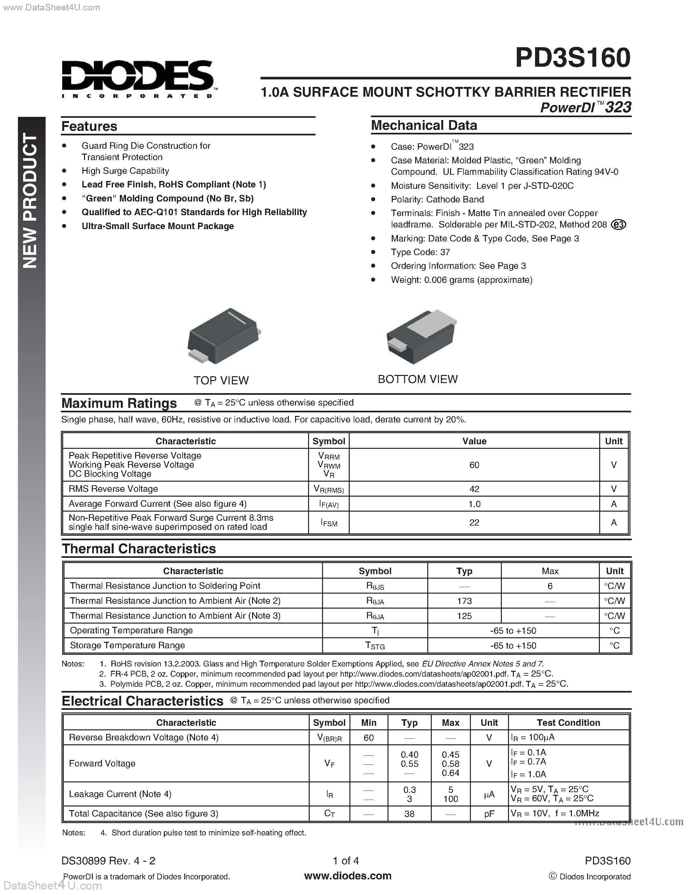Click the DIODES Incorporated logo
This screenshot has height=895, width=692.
click(139, 79)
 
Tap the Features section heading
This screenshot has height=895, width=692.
click(89, 126)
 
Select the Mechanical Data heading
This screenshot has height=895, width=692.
click(424, 125)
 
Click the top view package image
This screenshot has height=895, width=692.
click(223, 337)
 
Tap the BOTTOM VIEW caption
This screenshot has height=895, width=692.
click(417, 379)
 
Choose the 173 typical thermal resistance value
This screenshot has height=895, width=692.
click(464, 601)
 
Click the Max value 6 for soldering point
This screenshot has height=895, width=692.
click(550, 586)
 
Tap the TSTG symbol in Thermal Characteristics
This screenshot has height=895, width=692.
click(375, 645)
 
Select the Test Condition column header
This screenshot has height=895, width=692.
click(568, 723)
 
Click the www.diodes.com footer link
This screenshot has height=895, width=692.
click(348, 876)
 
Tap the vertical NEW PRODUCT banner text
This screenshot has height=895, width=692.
click(31, 201)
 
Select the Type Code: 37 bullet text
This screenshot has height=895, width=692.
click(420, 252)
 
